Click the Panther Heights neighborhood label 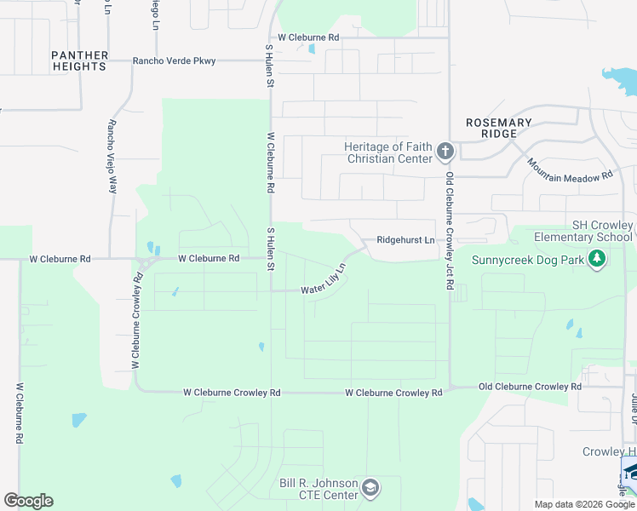tap(80, 60)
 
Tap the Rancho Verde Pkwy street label tap(174, 61)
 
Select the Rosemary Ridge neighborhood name tap(499, 128)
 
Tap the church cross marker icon tap(445, 152)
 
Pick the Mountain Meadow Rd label tap(569, 169)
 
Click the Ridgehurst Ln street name tap(405, 240)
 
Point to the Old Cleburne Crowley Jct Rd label tap(449, 229)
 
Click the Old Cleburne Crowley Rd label tap(530, 387)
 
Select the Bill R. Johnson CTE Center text tap(318, 489)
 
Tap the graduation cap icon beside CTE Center tap(370, 488)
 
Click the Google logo tap(28, 501)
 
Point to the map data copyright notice tap(583, 504)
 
